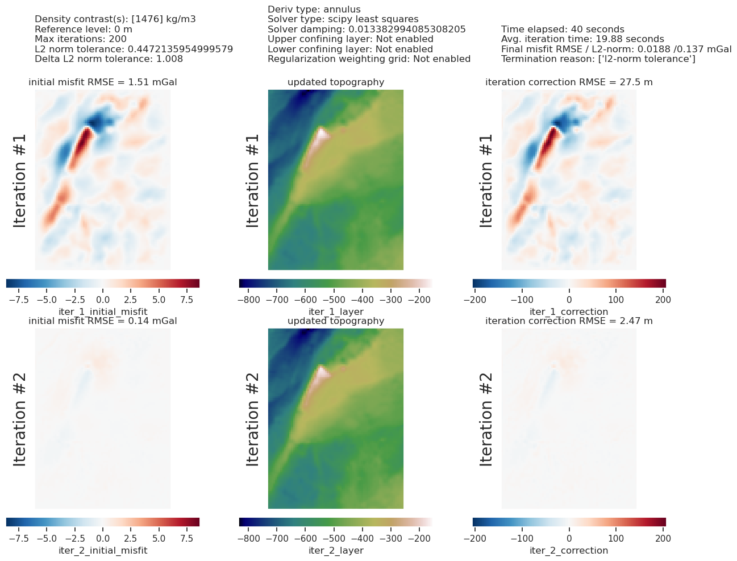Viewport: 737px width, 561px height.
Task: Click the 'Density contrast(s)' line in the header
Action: pyautogui.click(x=115, y=19)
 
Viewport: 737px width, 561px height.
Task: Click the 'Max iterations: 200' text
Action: pyautogui.click(x=81, y=39)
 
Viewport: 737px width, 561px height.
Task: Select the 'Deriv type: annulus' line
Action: pyautogui.click(x=314, y=10)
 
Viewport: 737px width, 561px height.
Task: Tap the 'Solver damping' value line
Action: pyautogui.click(x=367, y=30)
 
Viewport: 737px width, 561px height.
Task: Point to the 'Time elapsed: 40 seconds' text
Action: pyautogui.click(x=563, y=30)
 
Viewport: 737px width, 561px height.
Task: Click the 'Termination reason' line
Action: pyautogui.click(x=598, y=59)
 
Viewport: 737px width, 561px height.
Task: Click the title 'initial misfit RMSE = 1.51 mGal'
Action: pyautogui.click(x=103, y=82)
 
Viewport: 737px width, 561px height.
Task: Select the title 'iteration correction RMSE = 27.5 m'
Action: pyautogui.click(x=569, y=82)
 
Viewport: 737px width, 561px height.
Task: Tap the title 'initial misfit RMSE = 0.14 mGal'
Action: pyautogui.click(x=103, y=321)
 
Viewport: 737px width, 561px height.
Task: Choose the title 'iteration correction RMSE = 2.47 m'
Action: pyautogui.click(x=569, y=321)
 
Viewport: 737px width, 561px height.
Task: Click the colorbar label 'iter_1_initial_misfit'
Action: pyautogui.click(x=103, y=311)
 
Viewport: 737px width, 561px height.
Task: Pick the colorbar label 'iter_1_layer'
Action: pyautogui.click(x=336, y=311)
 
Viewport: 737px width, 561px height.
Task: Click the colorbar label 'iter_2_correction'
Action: pyautogui.click(x=569, y=550)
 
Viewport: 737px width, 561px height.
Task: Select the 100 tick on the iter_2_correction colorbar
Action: pyautogui.click(x=615, y=538)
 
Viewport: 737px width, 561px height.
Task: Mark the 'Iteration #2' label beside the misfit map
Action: pyautogui.click(x=20, y=419)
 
